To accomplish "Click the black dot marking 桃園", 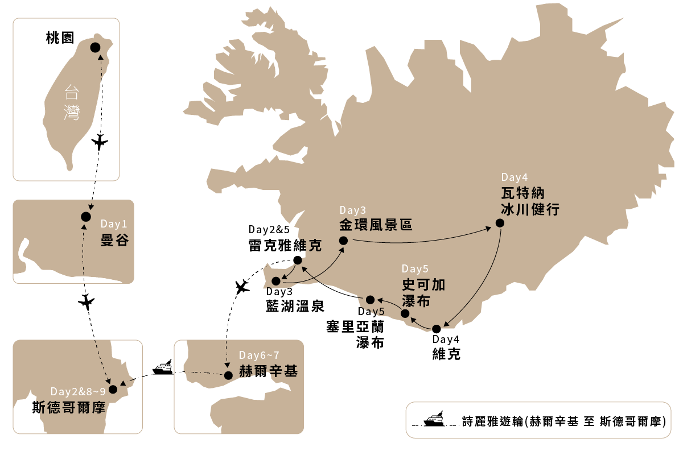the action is pyautogui.click(x=95, y=48).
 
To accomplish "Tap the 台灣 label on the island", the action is pyautogui.click(x=72, y=103).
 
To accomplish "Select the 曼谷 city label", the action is pyautogui.click(x=114, y=240).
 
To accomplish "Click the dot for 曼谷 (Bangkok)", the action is pyautogui.click(x=86, y=217).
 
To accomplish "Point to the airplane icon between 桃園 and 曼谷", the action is pyautogui.click(x=100, y=142).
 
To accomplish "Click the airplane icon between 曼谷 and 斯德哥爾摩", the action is pyautogui.click(x=87, y=301).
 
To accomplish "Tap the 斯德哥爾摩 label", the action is pyautogui.click(x=69, y=407).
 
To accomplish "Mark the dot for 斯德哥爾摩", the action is pyautogui.click(x=113, y=390).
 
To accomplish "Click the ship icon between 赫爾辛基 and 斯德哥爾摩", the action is pyautogui.click(x=163, y=367).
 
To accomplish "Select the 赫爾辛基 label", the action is pyautogui.click(x=268, y=371).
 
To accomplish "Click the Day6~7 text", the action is pyautogui.click(x=259, y=355).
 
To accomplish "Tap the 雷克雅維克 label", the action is pyautogui.click(x=285, y=245).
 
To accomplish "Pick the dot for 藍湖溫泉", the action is pyautogui.click(x=276, y=281).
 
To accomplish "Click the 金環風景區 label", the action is pyautogui.click(x=376, y=225).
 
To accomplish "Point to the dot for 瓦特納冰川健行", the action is pyautogui.click(x=500, y=223).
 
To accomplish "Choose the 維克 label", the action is pyautogui.click(x=446, y=354).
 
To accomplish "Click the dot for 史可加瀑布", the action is pyautogui.click(x=405, y=313).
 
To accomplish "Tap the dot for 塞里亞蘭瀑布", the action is pyautogui.click(x=370, y=300).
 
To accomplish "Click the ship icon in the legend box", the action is pyautogui.click(x=434, y=419).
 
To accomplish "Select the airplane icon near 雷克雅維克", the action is pyautogui.click(x=242, y=287).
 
